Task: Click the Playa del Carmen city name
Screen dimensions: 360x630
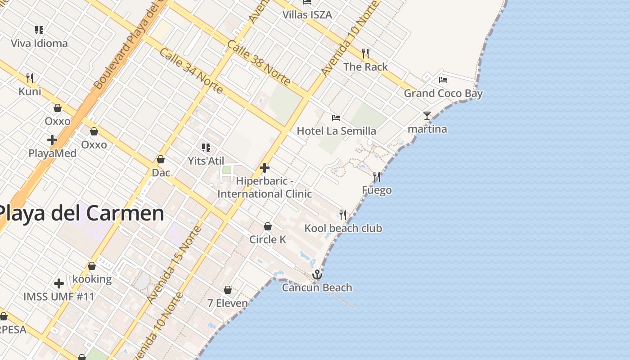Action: pos(81,213)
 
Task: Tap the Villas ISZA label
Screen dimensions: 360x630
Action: pos(307,15)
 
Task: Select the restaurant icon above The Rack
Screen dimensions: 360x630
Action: pos(365,54)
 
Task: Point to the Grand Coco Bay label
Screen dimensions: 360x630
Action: pos(443,94)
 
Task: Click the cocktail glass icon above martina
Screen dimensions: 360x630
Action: pos(427,116)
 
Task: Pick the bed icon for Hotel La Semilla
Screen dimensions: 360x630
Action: pos(336,118)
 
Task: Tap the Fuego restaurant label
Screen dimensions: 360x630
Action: pos(377,190)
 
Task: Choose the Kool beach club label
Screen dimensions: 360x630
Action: pos(343,228)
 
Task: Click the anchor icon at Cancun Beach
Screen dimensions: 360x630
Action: pos(317,274)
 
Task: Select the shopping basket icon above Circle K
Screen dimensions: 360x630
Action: pos(268,226)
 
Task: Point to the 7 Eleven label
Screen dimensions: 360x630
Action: pos(228,303)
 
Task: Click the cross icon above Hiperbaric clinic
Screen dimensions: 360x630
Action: pos(265,168)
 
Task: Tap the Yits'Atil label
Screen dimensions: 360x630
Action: pos(206,161)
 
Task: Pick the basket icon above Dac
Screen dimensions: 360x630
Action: pos(161,160)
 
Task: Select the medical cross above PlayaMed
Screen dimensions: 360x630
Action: pos(52,140)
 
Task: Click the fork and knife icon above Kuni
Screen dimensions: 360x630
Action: pos(30,78)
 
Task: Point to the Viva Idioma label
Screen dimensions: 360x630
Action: pos(39,44)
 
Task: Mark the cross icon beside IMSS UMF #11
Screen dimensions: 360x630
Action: pos(59,283)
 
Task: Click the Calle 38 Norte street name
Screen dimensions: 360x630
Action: pos(258,63)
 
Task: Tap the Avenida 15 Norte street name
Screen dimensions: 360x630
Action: pos(174,265)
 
